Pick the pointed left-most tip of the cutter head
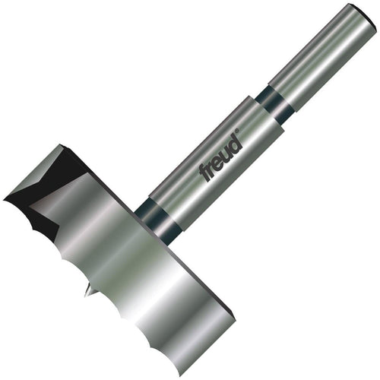(x=6, y=200)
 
